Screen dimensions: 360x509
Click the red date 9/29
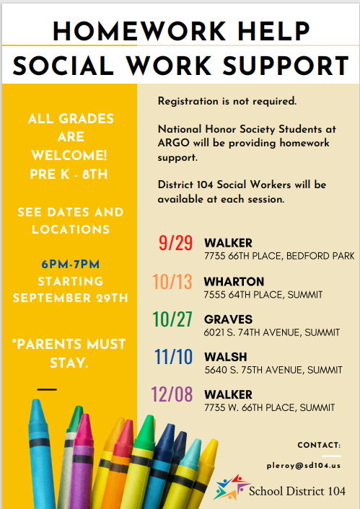pyautogui.click(x=175, y=243)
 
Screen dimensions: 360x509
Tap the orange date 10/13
pyautogui.click(x=172, y=281)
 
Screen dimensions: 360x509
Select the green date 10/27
pyautogui.click(x=172, y=319)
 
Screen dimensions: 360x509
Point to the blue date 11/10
pyautogui.click(x=173, y=357)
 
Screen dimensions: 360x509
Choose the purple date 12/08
pyautogui.click(x=172, y=394)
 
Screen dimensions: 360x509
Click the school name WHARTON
pyautogui.click(x=234, y=281)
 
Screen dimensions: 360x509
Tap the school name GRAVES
pyautogui.click(x=228, y=319)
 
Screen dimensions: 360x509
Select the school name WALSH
pyautogui.click(x=226, y=357)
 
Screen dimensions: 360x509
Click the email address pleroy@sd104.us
pyautogui.click(x=304, y=466)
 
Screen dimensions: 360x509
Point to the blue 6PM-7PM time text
pyautogui.click(x=71, y=265)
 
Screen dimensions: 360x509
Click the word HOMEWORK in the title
pyautogui.click(x=140, y=32)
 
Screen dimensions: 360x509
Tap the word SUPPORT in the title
pyautogui.click(x=286, y=66)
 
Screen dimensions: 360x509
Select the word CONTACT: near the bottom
pyautogui.click(x=319, y=445)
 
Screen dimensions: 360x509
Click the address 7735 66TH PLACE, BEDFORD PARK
pyautogui.click(x=279, y=256)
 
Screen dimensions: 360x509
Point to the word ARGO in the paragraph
pyautogui.click(x=173, y=143)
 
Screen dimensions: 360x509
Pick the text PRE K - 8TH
pyautogui.click(x=69, y=174)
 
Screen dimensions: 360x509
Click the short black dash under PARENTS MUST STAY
pyautogui.click(x=47, y=389)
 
